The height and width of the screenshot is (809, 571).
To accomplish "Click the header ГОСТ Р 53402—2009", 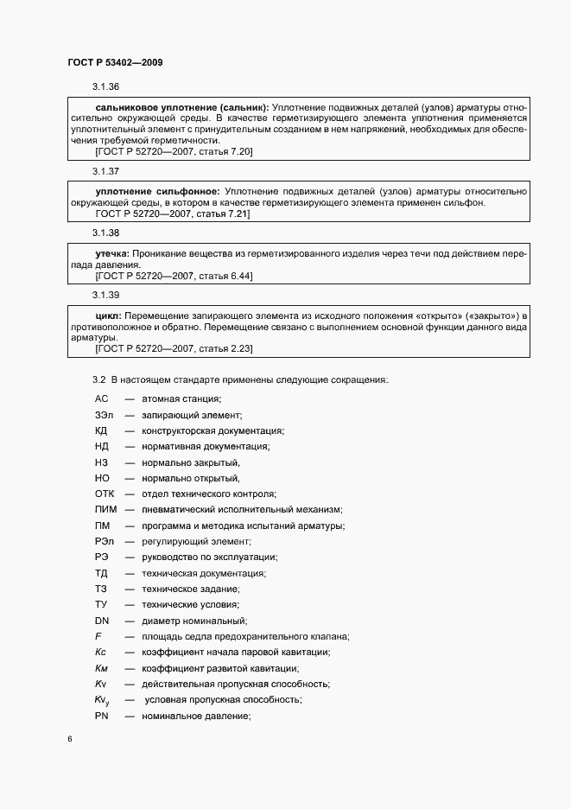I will [x=116, y=63].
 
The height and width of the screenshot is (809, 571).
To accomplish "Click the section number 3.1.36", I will [x=105, y=87].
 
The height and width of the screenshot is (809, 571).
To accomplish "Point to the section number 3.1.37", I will [x=105, y=171].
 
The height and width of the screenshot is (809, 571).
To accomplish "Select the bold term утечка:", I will [x=112, y=253].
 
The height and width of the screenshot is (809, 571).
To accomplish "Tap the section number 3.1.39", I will [x=105, y=296].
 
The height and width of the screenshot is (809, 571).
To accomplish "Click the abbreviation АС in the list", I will [x=101, y=398].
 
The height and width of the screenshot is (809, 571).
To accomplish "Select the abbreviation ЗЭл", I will [x=103, y=415].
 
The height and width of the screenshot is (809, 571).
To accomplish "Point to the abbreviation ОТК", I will [x=105, y=494].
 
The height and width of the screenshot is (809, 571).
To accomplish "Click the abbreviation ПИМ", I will [x=105, y=510].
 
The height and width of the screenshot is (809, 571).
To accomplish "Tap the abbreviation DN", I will [x=102, y=621].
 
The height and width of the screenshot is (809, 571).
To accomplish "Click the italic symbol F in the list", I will [x=98, y=636].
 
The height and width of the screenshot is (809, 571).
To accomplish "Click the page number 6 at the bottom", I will [x=70, y=740].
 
